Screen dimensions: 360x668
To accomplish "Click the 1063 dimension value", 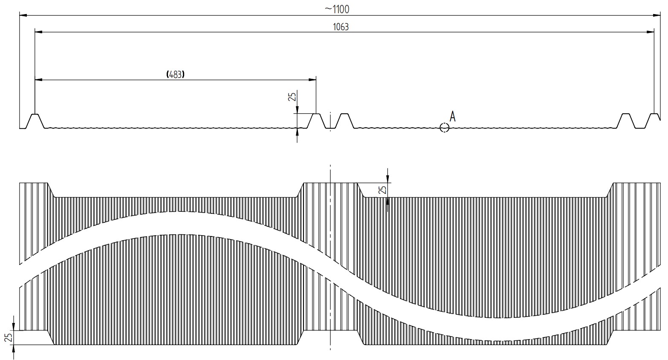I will pos(341,27).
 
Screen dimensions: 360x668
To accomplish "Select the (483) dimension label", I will pos(175,74).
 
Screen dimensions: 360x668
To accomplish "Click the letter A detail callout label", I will pos(453,116).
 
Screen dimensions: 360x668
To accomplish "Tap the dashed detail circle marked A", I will pos(444,127).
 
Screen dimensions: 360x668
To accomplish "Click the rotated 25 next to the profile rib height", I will pos(292,96).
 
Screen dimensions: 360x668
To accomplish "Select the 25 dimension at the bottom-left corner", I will pos(8,338).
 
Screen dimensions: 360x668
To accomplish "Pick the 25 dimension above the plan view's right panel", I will pos(382,190).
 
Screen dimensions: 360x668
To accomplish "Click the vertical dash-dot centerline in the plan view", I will pos(330,256).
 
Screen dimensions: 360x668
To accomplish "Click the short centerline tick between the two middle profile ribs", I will pos(330,121).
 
